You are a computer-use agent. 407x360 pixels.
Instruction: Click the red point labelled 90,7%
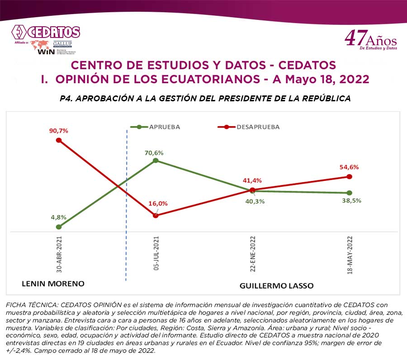click(59, 140)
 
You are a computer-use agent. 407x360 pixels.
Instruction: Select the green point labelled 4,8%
click(59, 227)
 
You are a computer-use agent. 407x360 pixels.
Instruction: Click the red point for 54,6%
click(349, 176)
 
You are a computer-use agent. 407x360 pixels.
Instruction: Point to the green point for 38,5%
click(349, 193)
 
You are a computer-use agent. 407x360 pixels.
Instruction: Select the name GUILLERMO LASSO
click(276, 286)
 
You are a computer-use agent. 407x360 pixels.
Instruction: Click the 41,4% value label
click(252, 180)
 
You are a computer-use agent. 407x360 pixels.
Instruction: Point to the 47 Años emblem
click(370, 39)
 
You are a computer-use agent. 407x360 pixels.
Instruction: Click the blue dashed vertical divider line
click(126, 204)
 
